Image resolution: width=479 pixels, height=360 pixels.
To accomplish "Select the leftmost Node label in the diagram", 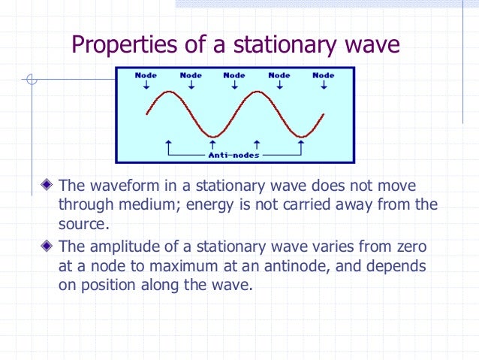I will click(x=146, y=75).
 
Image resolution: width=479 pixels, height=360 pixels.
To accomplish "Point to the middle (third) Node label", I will click(x=234, y=75).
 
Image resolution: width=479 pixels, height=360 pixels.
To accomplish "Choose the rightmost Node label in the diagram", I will click(x=324, y=75).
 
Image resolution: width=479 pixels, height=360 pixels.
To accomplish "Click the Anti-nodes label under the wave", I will click(x=233, y=155).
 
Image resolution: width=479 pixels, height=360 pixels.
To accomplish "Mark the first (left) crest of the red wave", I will click(x=170, y=93).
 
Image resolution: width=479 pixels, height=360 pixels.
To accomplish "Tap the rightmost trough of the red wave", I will click(x=300, y=137).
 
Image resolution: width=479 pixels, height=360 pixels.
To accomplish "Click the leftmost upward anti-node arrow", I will click(x=170, y=143).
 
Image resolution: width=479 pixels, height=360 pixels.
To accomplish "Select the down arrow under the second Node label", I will click(x=191, y=85).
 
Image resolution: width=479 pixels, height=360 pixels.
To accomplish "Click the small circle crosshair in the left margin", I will click(x=30, y=78).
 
